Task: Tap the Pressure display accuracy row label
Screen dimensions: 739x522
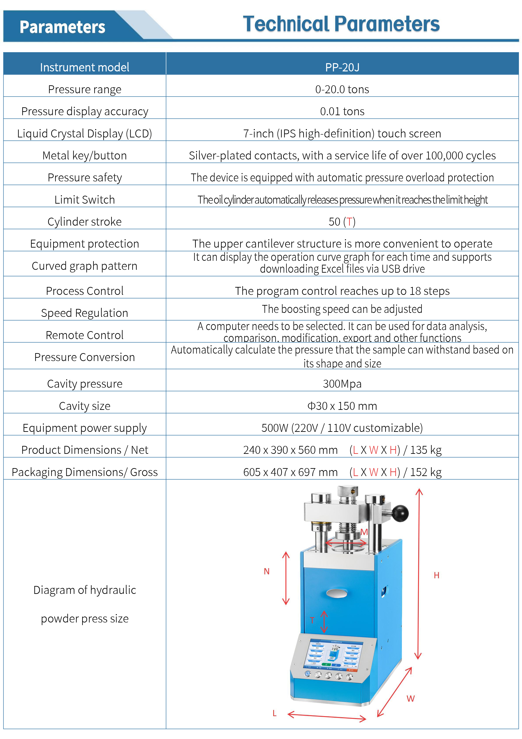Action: click(85, 111)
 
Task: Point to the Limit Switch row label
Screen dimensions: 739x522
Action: click(85, 200)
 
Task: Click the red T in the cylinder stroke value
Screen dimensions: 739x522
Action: click(349, 222)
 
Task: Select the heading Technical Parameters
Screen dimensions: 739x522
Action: click(341, 24)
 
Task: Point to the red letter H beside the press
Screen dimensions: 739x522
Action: click(437, 575)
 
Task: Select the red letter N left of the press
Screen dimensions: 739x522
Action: click(267, 571)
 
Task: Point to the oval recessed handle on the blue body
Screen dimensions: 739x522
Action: click(336, 593)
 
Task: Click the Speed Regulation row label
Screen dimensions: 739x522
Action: click(85, 313)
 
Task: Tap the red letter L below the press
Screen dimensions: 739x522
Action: click(274, 713)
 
